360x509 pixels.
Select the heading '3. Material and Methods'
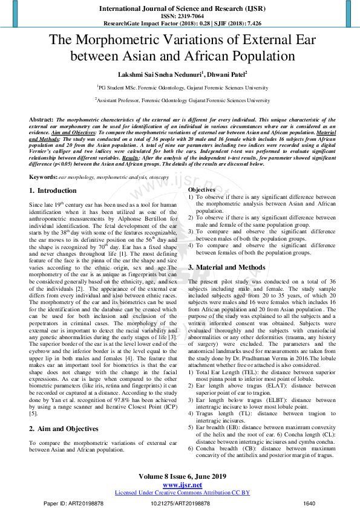226,267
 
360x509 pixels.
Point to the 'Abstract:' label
41,120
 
